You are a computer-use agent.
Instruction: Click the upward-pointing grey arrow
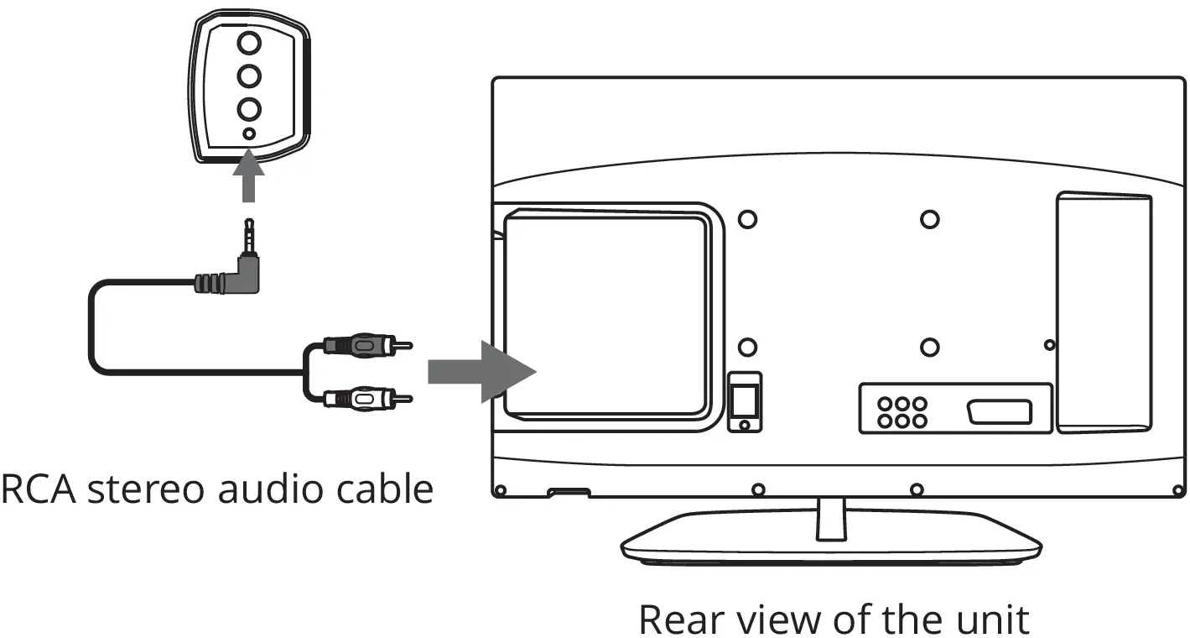click(x=247, y=174)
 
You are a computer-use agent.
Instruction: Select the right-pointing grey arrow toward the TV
click(x=481, y=371)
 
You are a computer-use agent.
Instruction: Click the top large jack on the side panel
click(x=249, y=41)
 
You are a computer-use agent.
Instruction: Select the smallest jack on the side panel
click(x=249, y=133)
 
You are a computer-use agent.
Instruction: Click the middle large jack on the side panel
click(x=249, y=76)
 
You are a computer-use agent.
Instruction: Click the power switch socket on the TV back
click(x=744, y=401)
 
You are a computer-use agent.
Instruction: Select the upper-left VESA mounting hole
click(x=746, y=219)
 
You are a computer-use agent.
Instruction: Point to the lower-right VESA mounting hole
click(x=928, y=347)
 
